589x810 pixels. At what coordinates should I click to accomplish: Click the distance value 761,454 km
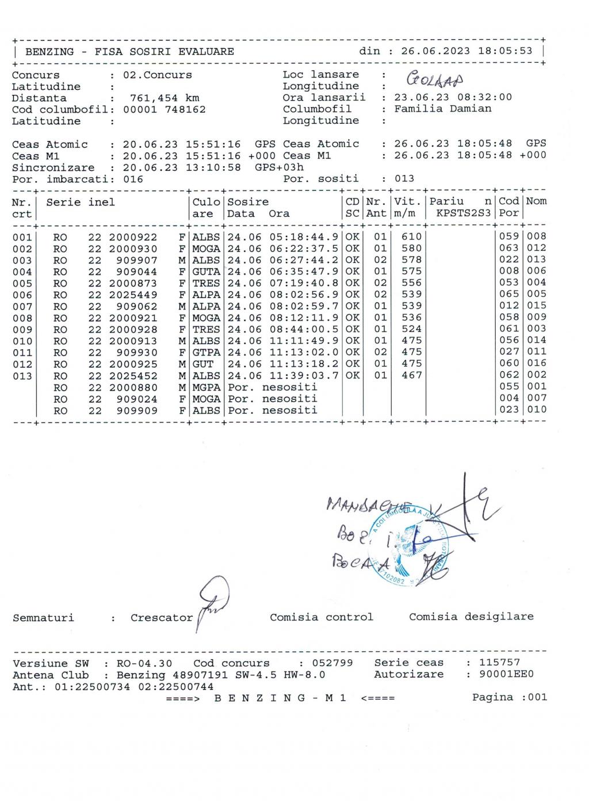pyautogui.click(x=165, y=98)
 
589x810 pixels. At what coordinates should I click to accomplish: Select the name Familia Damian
pyautogui.click(x=442, y=109)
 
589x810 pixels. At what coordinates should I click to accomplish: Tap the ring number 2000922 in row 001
pyautogui.click(x=133, y=237)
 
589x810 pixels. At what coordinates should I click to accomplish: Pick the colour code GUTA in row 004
pyautogui.click(x=206, y=272)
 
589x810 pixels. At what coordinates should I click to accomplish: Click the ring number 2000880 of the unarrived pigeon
pyautogui.click(x=133, y=387)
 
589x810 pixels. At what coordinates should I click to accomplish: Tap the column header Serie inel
pyautogui.click(x=81, y=202)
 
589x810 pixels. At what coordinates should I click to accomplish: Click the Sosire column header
pyautogui.click(x=248, y=202)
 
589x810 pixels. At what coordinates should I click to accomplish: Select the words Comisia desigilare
pyautogui.click(x=471, y=617)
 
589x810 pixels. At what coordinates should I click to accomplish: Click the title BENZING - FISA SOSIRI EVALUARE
pyautogui.click(x=129, y=52)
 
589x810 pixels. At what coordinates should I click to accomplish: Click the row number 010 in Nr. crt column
pyautogui.click(x=22, y=341)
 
